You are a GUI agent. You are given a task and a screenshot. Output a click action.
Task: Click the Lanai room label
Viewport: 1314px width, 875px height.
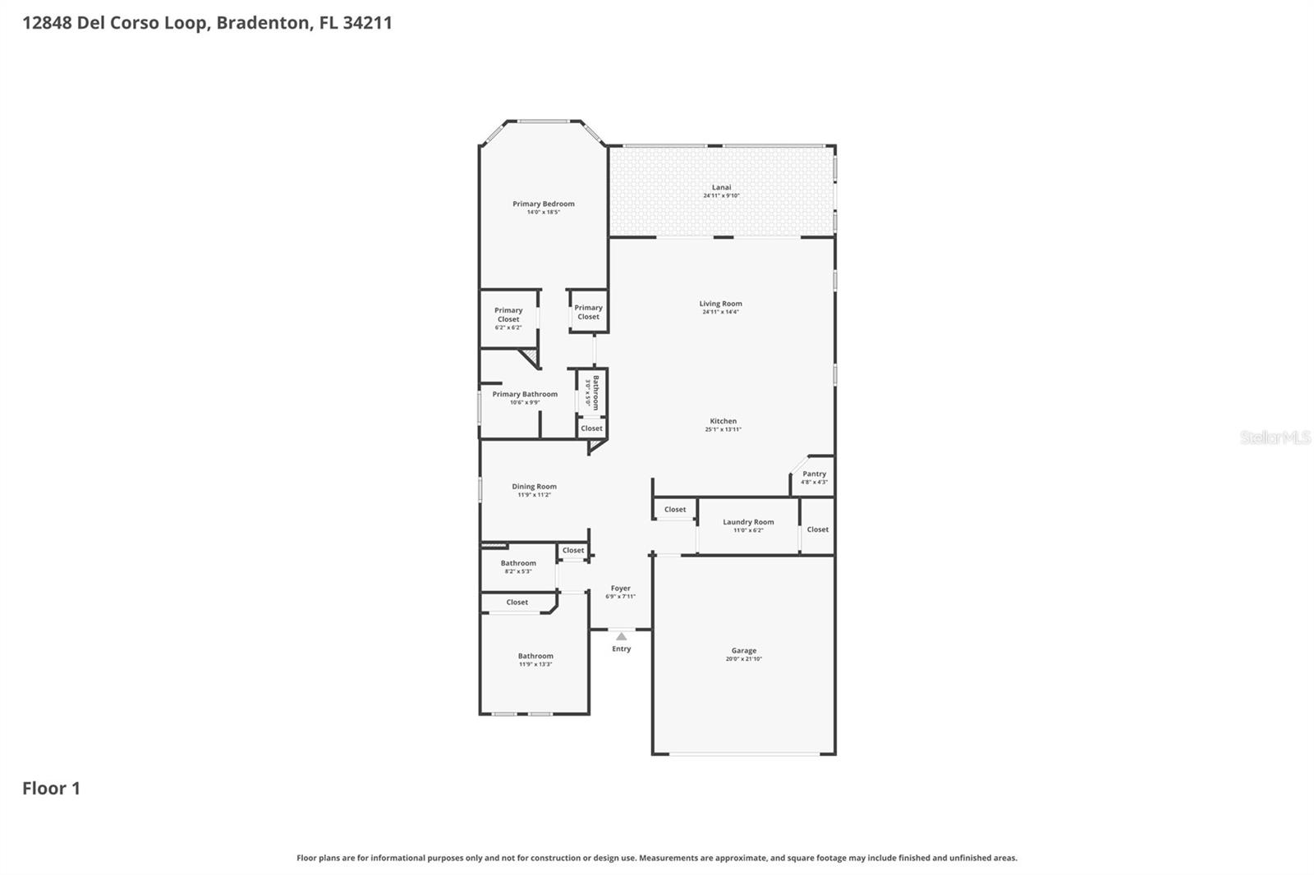pos(721,187)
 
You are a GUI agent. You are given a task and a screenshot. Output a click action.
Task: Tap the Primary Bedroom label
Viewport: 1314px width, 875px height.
pos(543,204)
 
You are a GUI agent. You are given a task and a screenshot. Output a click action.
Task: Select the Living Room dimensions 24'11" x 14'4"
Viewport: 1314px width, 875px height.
pos(720,312)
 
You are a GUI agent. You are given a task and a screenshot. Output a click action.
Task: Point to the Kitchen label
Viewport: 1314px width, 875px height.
pos(723,421)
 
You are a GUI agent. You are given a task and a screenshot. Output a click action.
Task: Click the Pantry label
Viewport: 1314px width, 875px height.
pos(814,474)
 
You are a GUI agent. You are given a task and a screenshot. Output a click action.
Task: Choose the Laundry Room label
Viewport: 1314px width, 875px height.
pos(747,522)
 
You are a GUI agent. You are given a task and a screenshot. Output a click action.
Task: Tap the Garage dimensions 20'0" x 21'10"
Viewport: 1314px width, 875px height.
pos(743,659)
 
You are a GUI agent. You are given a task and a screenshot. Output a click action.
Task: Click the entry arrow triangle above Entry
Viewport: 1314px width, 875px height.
pos(621,636)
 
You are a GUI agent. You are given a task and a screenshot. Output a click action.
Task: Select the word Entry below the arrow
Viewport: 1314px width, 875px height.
pos(621,648)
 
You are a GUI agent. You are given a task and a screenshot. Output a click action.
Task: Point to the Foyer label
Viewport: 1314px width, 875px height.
pos(620,588)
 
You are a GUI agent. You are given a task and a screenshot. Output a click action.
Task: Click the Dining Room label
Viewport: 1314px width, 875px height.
pos(534,487)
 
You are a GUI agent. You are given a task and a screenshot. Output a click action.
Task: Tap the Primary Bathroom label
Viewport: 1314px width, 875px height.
pos(524,394)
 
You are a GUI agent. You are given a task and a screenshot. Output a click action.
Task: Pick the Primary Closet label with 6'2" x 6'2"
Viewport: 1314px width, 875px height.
pos(508,315)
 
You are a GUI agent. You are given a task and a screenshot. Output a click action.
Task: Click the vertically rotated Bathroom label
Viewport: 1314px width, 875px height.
pos(595,392)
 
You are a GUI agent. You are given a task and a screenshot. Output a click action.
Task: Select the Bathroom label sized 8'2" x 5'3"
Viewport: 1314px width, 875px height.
pos(517,563)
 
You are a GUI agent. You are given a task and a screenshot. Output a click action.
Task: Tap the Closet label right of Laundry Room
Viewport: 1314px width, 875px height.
pos(817,529)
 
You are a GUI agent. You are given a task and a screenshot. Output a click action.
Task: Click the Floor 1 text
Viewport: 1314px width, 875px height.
pos(51,788)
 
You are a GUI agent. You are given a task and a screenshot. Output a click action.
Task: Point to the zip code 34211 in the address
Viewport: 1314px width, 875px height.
pos(367,22)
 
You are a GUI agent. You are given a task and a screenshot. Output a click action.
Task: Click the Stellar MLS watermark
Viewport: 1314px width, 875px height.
pos(1274,438)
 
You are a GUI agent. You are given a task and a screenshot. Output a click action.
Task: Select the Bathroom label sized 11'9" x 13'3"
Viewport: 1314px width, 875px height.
pos(535,656)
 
